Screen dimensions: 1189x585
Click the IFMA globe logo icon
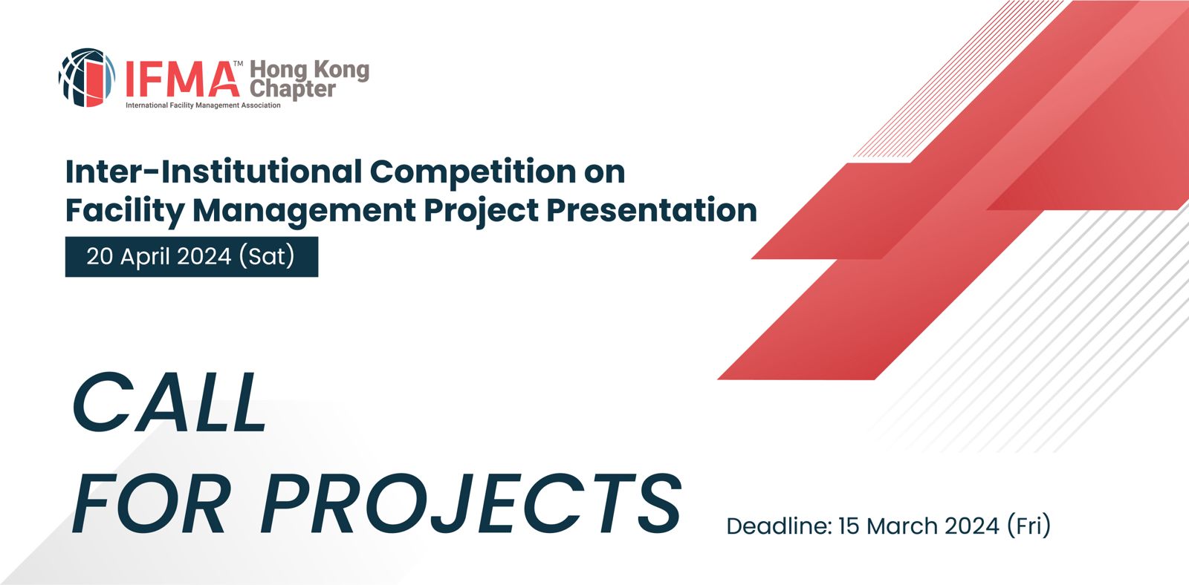pyautogui.click(x=86, y=77)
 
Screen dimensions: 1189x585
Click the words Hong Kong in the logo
pyautogui.click(x=309, y=70)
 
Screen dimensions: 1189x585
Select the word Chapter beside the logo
pyautogui.click(x=293, y=88)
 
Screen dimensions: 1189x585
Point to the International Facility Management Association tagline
pyautogui.click(x=203, y=105)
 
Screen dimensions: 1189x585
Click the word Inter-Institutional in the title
pyautogui.click(x=213, y=171)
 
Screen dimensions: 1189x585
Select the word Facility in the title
pyautogui.click(x=125, y=211)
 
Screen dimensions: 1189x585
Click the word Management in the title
pyautogui.click(x=304, y=211)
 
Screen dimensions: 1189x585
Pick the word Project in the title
pyautogui.click(x=482, y=211)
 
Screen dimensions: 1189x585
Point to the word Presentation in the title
pyautogui.click(x=652, y=210)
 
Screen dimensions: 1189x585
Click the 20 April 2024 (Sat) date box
pyautogui.click(x=192, y=257)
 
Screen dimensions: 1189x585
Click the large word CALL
pyautogui.click(x=169, y=402)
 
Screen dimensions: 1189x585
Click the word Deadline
pyautogui.click(x=778, y=526)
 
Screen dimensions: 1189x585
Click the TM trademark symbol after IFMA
pyautogui.click(x=238, y=64)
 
